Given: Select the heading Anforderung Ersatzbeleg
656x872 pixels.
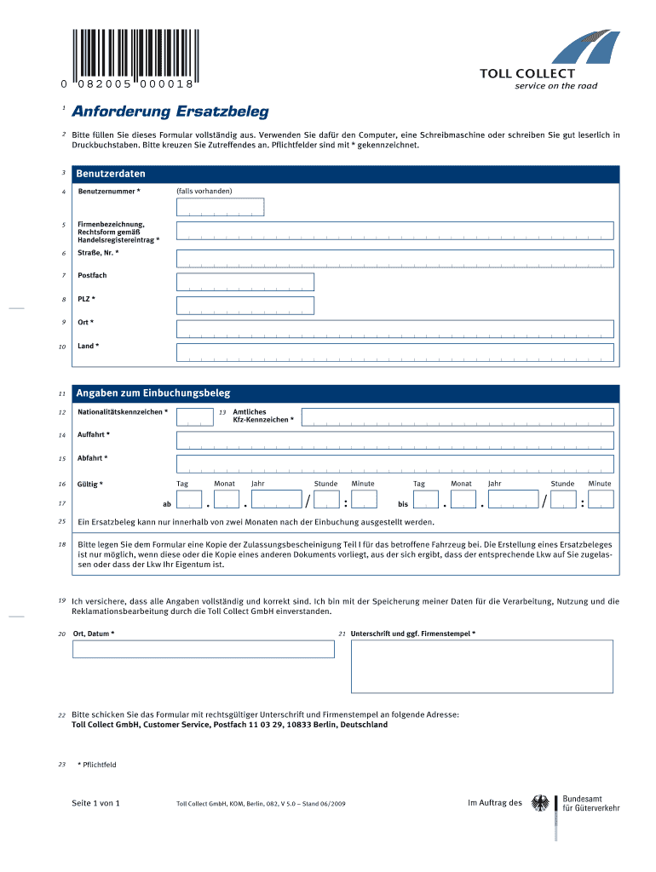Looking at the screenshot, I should [170, 112].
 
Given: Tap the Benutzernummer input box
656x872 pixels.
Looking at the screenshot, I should [220, 207].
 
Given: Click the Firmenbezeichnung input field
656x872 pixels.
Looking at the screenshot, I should [394, 231].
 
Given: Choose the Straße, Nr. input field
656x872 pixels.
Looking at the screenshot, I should [394, 258].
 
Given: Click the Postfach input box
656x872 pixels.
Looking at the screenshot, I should [245, 282].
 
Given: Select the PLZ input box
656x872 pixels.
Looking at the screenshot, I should [245, 305].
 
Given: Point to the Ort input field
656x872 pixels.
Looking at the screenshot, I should [394, 329].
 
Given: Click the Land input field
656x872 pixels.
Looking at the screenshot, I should [394, 352].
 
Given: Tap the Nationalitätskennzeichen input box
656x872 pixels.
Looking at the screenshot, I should [195, 416].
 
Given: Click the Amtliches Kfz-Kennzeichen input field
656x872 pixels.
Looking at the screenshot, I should [457, 416].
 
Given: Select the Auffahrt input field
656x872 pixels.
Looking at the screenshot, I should [394, 439].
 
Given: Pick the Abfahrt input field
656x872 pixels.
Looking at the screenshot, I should [394, 463].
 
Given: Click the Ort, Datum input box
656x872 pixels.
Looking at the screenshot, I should [204, 649].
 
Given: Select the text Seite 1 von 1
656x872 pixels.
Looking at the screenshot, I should [96, 803].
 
